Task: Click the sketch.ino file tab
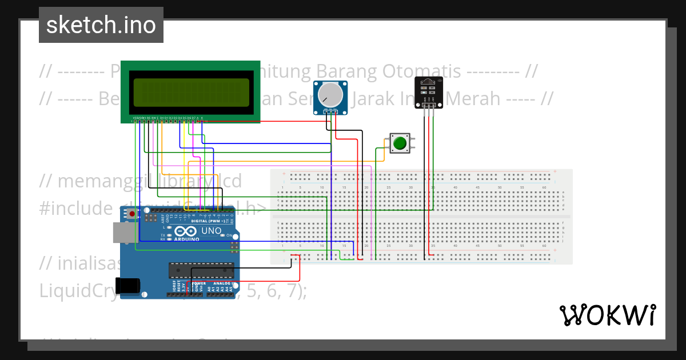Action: tap(101, 25)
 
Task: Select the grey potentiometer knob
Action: tap(330, 94)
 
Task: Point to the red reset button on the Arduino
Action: tap(133, 214)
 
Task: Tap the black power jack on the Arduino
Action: tap(127, 285)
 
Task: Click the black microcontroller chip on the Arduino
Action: tap(201, 270)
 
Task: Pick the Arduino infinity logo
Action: tap(186, 231)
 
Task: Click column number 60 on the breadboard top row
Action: tap(544, 187)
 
